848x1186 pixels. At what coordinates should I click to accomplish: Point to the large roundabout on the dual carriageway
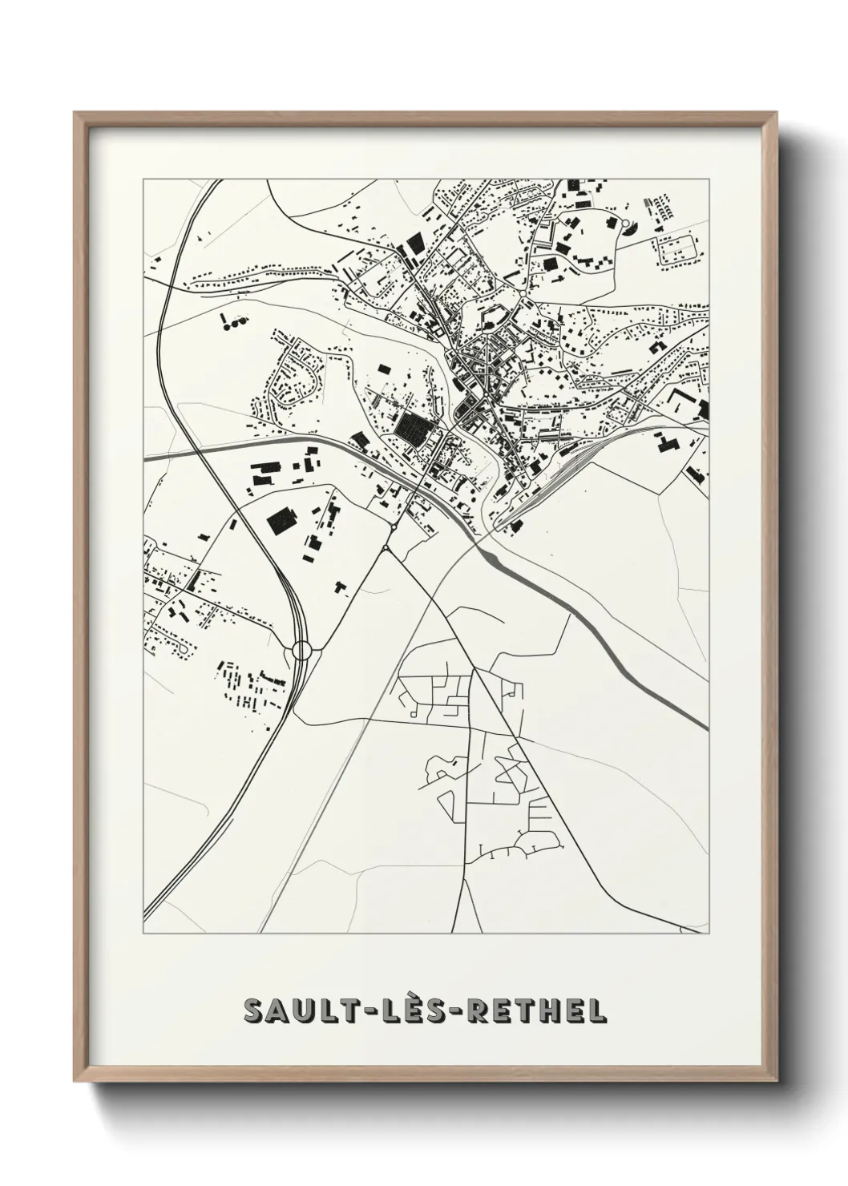[x=302, y=650]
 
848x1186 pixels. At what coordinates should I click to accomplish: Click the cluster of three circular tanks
[x=233, y=324]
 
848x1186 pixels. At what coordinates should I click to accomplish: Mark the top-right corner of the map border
[x=709, y=180]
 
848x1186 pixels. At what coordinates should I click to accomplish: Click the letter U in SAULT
[x=297, y=1011]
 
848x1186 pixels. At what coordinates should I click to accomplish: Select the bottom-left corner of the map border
[x=143, y=934]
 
